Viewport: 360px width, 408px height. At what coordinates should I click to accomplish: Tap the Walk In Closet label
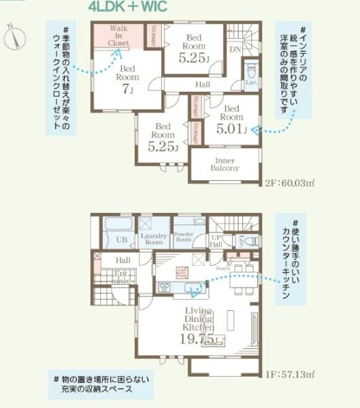[x=118, y=35]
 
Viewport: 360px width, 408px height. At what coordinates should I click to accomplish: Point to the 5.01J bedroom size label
[x=231, y=129]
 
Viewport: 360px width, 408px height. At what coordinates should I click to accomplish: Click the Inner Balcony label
[x=224, y=163]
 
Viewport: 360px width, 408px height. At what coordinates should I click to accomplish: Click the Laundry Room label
[x=154, y=239]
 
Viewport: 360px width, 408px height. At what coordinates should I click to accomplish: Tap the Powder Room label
[x=184, y=237]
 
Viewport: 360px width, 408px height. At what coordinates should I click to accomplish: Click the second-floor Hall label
[x=203, y=84]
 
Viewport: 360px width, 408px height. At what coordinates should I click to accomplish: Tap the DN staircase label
[x=234, y=49]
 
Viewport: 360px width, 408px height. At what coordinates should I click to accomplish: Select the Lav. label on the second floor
[x=250, y=82]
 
